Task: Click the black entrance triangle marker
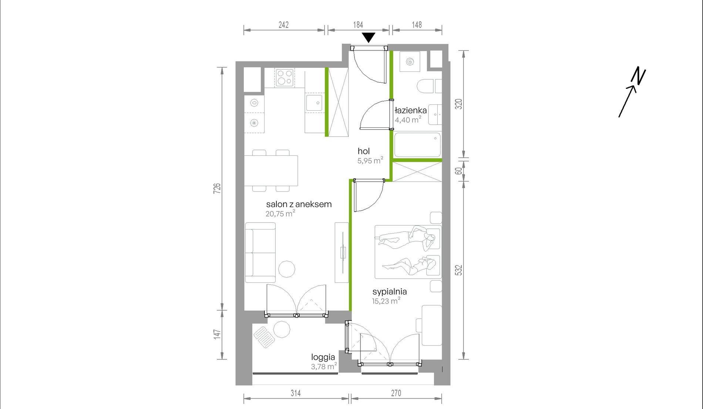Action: click(369, 37)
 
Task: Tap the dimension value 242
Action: click(283, 25)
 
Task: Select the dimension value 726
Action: click(218, 188)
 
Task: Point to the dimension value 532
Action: click(459, 270)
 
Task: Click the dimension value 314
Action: click(296, 393)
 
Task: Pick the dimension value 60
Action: click(459, 171)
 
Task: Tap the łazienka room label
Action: click(411, 110)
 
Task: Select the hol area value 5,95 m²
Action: click(370, 160)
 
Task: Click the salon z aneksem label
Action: click(299, 204)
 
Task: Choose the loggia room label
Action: click(323, 357)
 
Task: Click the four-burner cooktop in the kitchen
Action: click(285, 78)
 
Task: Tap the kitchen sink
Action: click(314, 103)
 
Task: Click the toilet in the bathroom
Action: click(425, 86)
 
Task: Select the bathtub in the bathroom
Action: click(418, 145)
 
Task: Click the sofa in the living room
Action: click(260, 253)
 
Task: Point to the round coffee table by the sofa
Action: click(286, 269)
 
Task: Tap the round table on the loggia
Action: click(282, 329)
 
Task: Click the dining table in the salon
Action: click(271, 171)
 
